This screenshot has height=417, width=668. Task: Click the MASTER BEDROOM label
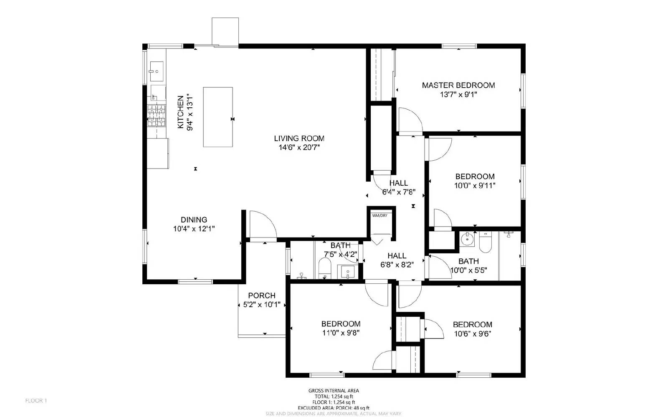(458, 85)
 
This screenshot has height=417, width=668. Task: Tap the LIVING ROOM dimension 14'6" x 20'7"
(299, 147)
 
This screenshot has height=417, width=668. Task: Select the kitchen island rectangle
(218, 117)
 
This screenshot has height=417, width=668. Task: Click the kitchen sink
(157, 71)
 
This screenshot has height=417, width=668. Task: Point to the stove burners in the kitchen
(157, 116)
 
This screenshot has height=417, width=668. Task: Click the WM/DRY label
(380, 216)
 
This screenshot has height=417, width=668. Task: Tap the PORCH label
(262, 296)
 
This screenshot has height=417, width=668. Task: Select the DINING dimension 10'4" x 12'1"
(194, 229)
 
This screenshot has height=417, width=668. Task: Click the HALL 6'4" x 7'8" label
(398, 183)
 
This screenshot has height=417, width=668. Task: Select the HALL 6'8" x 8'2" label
(397, 256)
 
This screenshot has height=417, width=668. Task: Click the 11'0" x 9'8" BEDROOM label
(341, 324)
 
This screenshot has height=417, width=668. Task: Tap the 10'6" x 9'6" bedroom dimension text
(472, 334)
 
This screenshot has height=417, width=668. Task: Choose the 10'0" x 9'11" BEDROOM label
(475, 177)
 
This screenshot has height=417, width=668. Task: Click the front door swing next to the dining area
(262, 225)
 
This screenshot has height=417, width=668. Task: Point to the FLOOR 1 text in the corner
(36, 401)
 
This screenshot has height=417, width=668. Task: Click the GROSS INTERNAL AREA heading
(333, 391)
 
